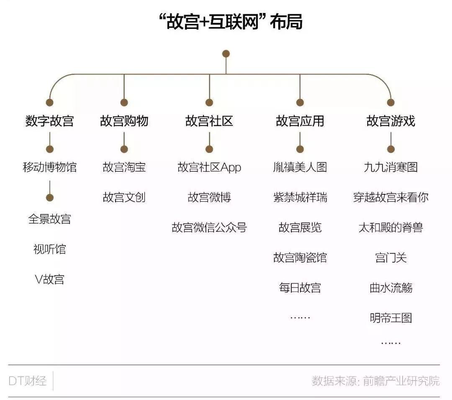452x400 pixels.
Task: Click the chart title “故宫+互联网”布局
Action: pos(231,22)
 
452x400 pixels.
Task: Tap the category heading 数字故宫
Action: pos(49,121)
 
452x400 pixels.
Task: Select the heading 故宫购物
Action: pos(124,121)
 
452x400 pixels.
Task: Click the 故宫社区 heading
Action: pos(209,121)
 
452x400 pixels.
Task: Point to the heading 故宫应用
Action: pos(300,121)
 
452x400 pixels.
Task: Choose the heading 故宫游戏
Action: pos(390,121)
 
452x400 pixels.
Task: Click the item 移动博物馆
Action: pos(49,167)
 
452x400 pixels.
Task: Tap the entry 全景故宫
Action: pos(49,219)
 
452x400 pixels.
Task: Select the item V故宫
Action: pos(49,279)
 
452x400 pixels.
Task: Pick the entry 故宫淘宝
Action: pos(124,167)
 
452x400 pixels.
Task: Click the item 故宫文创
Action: pos(124,197)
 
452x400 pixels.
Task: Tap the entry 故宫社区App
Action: pos(209,168)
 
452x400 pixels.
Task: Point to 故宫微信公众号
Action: pos(209,227)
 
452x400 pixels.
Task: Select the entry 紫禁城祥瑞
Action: pos(300,197)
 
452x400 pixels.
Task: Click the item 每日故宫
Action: pos(300,288)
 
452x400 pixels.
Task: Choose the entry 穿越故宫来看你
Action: pos(390,197)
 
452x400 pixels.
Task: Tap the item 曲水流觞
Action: pos(390,288)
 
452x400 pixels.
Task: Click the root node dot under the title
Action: pos(226,54)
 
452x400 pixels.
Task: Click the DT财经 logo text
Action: pos(28,381)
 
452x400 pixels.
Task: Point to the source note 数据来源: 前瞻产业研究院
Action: pos(375,381)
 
